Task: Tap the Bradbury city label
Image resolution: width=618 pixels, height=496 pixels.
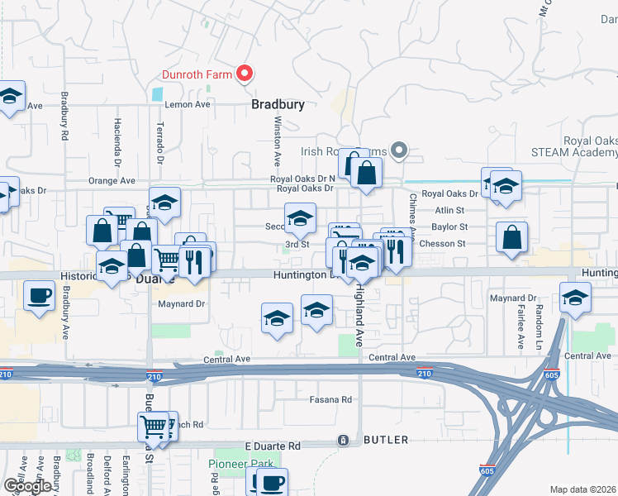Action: tap(278, 105)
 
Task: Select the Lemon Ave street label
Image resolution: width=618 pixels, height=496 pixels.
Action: tap(188, 105)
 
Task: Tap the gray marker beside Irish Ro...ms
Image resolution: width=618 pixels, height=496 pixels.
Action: tap(399, 150)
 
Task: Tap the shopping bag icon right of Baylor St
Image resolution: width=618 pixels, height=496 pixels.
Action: tap(512, 237)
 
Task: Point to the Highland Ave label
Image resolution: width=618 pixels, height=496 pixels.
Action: tap(359, 315)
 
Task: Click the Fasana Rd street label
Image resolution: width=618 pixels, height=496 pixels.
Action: tap(330, 399)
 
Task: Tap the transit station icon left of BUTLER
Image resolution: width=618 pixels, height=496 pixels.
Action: tap(342, 441)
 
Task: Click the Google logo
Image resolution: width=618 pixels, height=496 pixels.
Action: tap(27, 486)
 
